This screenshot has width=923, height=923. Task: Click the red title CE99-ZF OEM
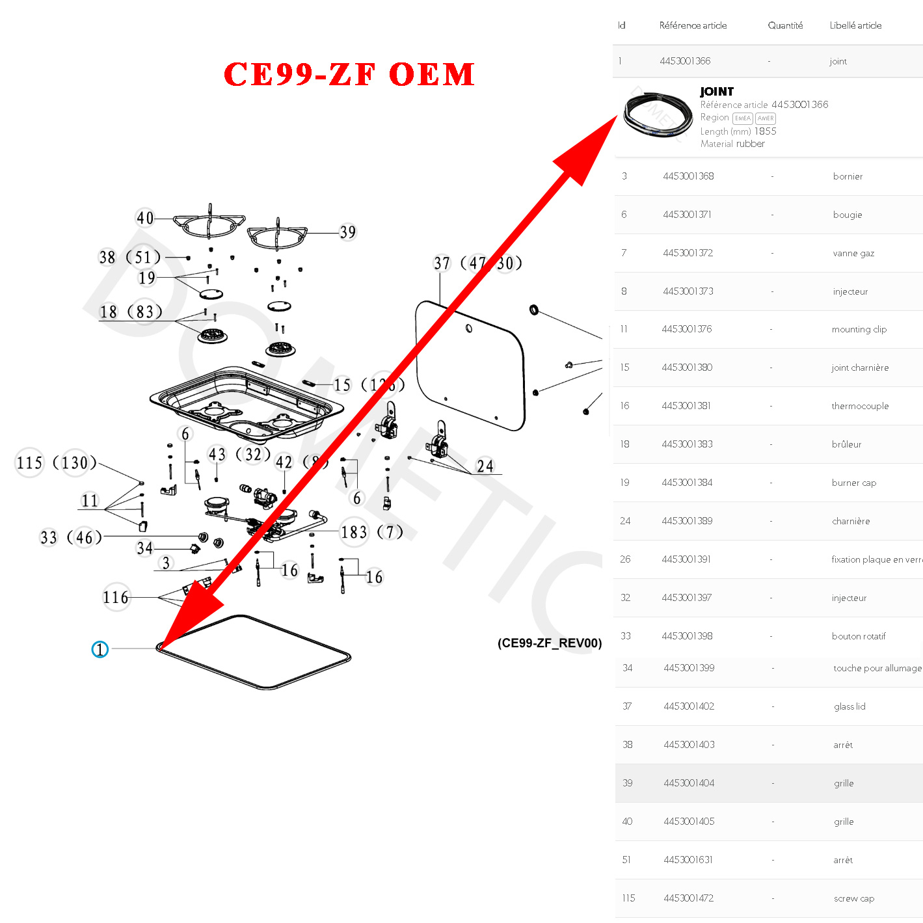(x=349, y=74)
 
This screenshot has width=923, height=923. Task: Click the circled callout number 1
(x=100, y=649)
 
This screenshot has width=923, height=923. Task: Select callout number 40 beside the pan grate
(x=145, y=218)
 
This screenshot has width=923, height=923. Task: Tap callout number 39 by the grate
(x=348, y=232)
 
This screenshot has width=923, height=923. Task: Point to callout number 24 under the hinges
(x=485, y=466)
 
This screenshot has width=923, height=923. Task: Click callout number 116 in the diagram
(x=116, y=597)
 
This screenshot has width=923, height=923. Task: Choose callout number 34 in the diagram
(x=144, y=548)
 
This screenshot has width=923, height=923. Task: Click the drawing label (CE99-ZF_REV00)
(x=550, y=643)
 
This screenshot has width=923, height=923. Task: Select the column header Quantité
(x=785, y=25)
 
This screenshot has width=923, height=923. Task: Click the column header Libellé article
(x=855, y=25)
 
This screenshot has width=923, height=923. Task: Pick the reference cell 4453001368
(x=688, y=176)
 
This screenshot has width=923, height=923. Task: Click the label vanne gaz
(x=853, y=253)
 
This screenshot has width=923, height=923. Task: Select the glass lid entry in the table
(x=849, y=706)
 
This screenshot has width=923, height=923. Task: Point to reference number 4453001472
(x=688, y=898)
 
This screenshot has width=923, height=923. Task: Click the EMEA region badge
(x=743, y=118)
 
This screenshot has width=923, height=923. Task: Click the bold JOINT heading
(x=717, y=92)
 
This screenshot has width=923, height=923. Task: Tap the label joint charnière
(x=860, y=368)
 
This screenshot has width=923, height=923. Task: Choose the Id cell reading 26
(x=625, y=559)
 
